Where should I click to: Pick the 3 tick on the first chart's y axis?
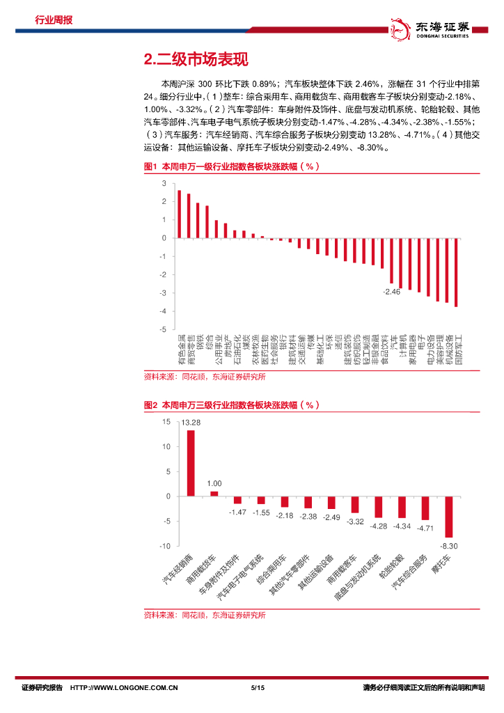pos(164,183)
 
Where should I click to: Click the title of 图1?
pos(231,167)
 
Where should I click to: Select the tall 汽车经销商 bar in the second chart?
pos(191,463)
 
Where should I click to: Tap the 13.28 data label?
pos(191,423)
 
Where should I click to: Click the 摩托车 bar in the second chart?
pos(449,517)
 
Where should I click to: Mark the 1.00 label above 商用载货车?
pos(214,484)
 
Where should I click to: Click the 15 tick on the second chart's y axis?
pos(166,422)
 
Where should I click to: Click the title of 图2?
pos(231,405)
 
